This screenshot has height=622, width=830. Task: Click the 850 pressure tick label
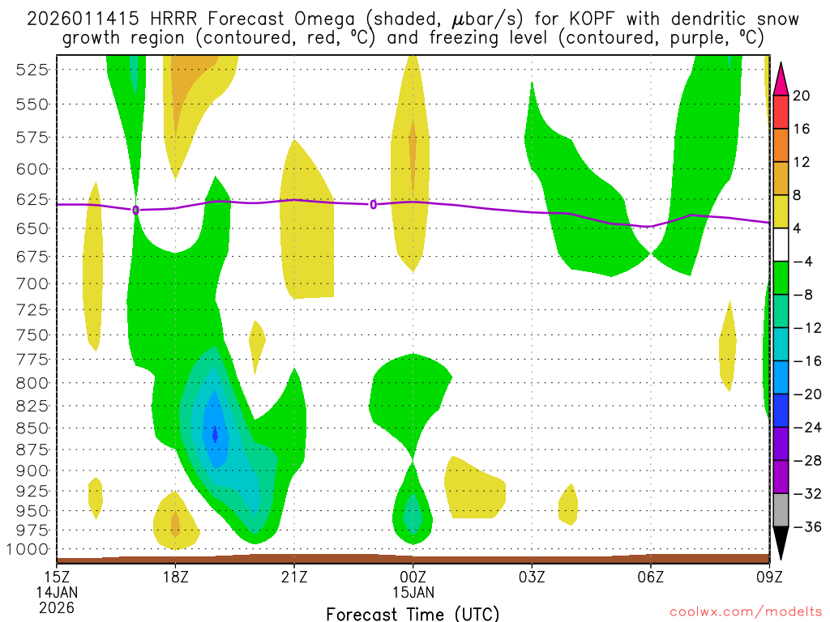click(32, 428)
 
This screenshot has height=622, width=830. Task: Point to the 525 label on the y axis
click(32, 70)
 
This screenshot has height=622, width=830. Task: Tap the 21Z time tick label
click(293, 577)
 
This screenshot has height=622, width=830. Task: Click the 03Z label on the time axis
click(532, 577)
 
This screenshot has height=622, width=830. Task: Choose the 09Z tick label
click(769, 577)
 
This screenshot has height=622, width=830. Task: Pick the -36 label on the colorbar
click(802, 527)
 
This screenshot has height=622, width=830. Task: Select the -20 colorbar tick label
click(802, 394)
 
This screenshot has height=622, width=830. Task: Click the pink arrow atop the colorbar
click(781, 79)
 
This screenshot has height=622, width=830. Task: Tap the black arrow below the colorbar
click(781, 543)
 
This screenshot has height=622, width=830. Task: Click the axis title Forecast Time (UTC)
click(413, 613)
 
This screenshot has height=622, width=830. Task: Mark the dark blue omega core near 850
click(215, 435)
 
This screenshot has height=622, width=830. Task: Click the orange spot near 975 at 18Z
click(175, 525)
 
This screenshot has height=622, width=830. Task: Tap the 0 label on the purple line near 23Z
click(373, 204)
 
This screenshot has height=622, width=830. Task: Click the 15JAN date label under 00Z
click(413, 592)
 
